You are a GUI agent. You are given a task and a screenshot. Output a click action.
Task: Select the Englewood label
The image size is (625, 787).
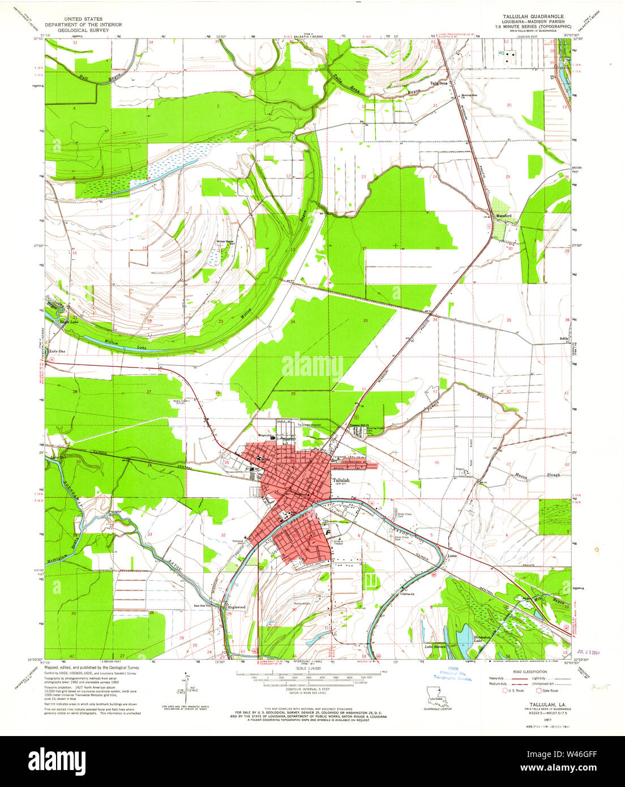point(236,608)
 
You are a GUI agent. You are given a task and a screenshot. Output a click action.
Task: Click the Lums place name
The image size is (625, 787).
point(451,556)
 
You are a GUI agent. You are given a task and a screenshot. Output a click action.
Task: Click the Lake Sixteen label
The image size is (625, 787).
point(436,646)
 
